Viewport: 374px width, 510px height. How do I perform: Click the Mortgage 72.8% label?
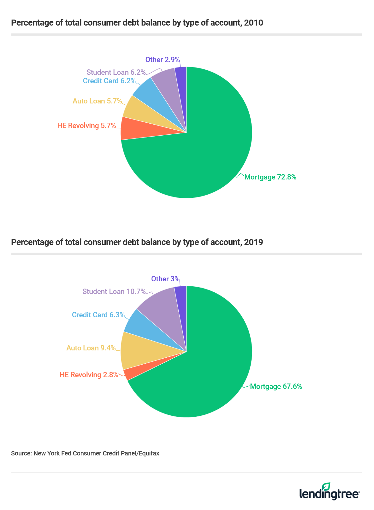(270, 177)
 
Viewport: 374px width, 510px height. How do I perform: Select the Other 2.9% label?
(163, 60)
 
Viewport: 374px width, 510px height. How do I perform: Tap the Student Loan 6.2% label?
(116, 72)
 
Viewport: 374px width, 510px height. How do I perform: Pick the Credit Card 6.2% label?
(109, 81)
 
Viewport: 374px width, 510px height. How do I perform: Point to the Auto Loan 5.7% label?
(97, 101)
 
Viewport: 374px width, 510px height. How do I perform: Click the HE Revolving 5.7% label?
(86, 126)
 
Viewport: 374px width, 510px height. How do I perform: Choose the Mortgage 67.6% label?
(276, 386)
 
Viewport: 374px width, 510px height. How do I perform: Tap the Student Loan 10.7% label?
(114, 291)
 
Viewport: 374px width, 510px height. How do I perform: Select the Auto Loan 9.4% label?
(91, 348)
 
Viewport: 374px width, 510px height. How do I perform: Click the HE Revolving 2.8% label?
(89, 375)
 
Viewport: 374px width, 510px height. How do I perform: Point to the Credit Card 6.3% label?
(98, 315)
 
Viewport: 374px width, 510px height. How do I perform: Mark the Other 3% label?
(165, 279)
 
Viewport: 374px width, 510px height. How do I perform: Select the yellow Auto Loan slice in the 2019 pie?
(139, 350)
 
